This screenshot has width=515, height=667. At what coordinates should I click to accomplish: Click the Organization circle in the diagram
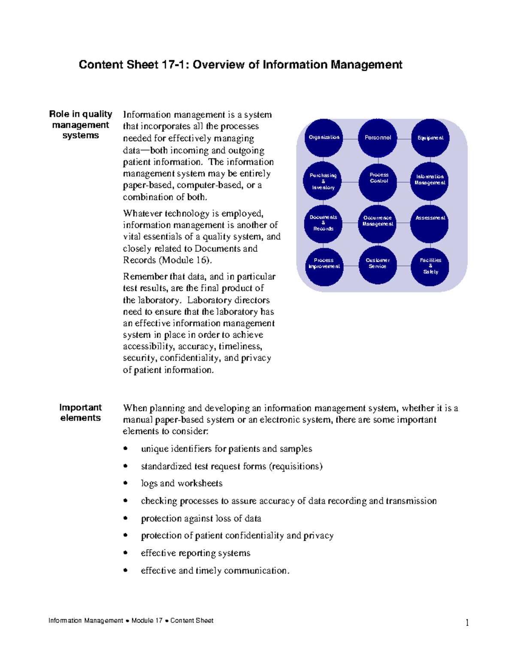(x=324, y=137)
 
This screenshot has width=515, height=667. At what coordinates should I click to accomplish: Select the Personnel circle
(x=378, y=138)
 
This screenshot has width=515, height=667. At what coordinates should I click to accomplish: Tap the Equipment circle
(x=430, y=138)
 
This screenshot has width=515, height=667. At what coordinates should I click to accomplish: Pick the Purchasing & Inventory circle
(x=323, y=181)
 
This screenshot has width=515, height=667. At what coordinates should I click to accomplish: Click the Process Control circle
(x=378, y=182)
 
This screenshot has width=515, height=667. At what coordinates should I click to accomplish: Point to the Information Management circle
(x=430, y=181)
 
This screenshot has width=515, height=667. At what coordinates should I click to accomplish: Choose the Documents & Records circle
(x=323, y=223)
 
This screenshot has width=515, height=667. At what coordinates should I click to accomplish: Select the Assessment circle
(x=430, y=223)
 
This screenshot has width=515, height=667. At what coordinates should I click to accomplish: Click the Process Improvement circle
(x=324, y=267)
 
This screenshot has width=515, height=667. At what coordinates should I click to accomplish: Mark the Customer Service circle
(x=378, y=265)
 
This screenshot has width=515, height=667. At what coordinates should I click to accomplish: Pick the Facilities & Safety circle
(x=430, y=267)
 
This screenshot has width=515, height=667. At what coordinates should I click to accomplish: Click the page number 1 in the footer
(x=467, y=623)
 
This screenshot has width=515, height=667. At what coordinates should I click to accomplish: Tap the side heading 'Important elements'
(x=81, y=413)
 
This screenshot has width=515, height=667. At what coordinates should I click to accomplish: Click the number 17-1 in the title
(x=175, y=65)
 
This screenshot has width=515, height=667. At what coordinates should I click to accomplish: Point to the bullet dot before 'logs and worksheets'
(x=125, y=483)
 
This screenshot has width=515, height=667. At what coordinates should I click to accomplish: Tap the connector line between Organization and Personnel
(x=351, y=139)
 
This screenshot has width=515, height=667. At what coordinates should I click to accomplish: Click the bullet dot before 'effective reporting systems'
(x=125, y=553)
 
